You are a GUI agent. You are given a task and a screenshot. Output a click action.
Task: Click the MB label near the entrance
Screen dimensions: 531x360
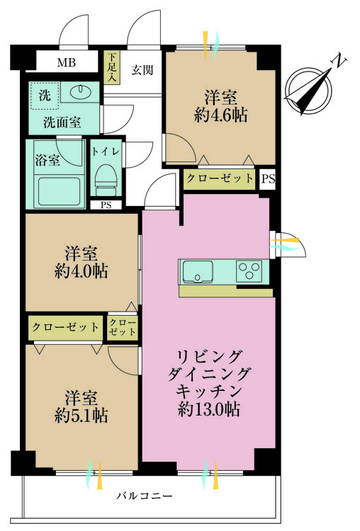pyautogui.click(x=67, y=63)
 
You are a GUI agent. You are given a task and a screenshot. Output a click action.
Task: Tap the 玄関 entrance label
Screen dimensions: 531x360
pyautogui.click(x=142, y=70)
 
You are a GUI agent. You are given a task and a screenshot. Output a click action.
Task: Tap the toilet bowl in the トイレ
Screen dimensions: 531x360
pyautogui.click(x=106, y=178)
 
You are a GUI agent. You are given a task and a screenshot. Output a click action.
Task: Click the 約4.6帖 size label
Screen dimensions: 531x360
pyautogui.click(x=221, y=114)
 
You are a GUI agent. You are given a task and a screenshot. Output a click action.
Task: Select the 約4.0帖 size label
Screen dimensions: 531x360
pyautogui.click(x=81, y=270)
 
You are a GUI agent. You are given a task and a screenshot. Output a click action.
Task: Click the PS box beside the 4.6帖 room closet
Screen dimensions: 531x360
pyautogui.click(x=266, y=179)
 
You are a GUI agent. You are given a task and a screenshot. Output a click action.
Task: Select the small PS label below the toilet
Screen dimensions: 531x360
pyautogui.click(x=106, y=205)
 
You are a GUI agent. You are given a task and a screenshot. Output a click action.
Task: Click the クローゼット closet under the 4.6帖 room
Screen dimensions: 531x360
pyautogui.click(x=220, y=179)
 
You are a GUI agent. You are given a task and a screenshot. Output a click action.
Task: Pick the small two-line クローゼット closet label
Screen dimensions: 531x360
pyautogui.click(x=122, y=327)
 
